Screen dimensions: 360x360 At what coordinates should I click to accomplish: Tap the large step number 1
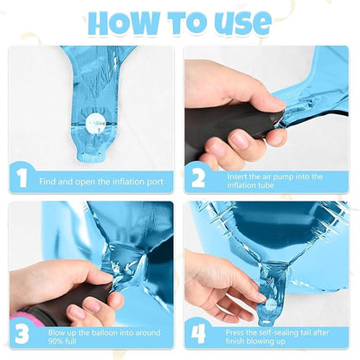pyautogui.click(x=22, y=178)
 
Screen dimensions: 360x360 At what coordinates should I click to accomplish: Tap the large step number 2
pyautogui.click(x=198, y=178)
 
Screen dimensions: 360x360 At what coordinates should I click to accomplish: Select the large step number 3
pyautogui.click(x=22, y=334)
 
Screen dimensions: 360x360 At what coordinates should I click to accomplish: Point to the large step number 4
pyautogui.click(x=199, y=334)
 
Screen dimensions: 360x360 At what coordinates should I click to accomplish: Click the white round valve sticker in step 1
pyautogui.click(x=96, y=124)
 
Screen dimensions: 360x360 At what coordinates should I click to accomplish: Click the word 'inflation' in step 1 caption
pyautogui.click(x=128, y=182)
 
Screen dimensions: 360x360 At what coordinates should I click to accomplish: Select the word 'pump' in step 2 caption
pyautogui.click(x=282, y=177)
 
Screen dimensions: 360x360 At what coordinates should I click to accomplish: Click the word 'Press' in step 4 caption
pyautogui.click(x=235, y=332)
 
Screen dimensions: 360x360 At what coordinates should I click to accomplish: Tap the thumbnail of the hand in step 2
pyautogui.click(x=275, y=101)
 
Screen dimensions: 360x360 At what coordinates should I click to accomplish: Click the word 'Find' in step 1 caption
pyautogui.click(x=48, y=182)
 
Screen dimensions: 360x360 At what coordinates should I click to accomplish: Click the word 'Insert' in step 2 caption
pyautogui.click(x=237, y=177)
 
